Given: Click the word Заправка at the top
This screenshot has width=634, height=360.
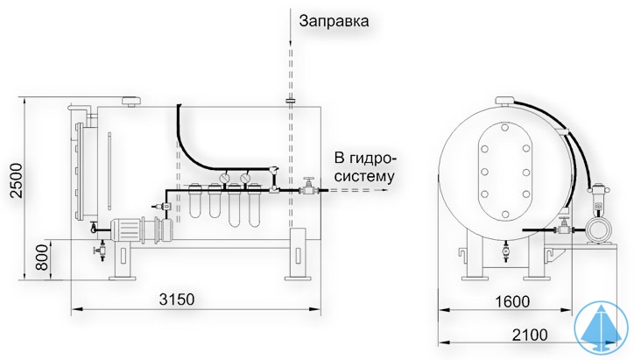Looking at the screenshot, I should (x=334, y=20).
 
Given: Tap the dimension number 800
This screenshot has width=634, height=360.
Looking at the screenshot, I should (x=40, y=256).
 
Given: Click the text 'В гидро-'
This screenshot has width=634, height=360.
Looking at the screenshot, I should (x=365, y=158).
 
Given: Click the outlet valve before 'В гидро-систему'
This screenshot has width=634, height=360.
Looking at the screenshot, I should (x=308, y=187).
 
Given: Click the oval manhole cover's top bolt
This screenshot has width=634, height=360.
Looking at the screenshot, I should (x=504, y=129).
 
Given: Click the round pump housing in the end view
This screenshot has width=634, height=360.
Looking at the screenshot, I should (x=600, y=229).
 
